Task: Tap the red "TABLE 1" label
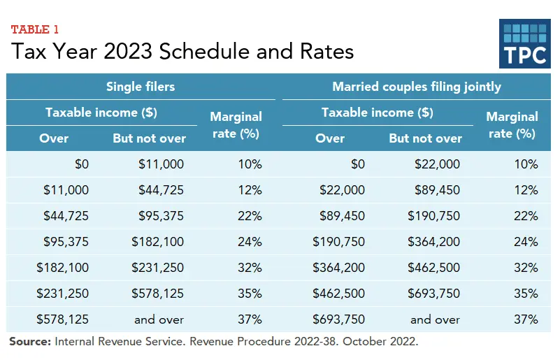point(35,29)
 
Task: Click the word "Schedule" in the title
point(203,52)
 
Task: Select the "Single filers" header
point(140,87)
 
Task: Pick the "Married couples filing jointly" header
point(417,87)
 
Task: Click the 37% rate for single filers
point(249,319)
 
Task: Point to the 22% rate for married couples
point(525,216)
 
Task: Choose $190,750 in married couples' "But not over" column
point(435,216)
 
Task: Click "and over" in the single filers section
point(159,319)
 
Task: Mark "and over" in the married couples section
point(435,319)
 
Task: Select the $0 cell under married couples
point(357,164)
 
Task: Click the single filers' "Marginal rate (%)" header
point(236,124)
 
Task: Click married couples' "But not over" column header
point(425,138)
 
